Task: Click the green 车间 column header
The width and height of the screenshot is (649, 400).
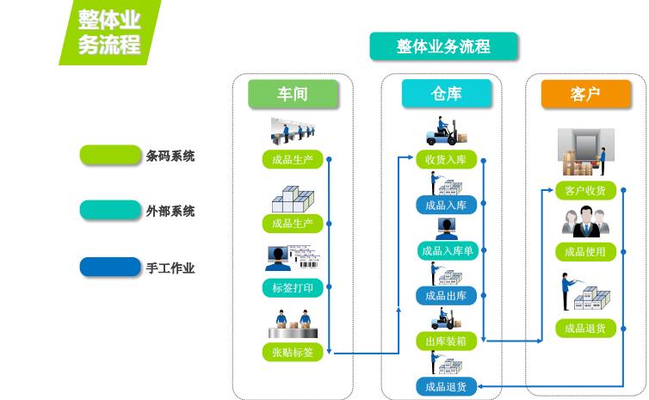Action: coord(294,95)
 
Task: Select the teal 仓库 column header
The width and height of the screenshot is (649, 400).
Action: coord(447,95)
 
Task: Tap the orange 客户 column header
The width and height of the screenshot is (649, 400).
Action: coord(585,95)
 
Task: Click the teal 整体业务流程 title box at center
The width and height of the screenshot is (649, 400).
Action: coord(443,46)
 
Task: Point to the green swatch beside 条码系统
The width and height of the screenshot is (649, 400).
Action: coord(110,156)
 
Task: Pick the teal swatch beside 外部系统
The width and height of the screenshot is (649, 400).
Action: coord(110,210)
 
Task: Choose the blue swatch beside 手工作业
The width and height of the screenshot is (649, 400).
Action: coord(110,268)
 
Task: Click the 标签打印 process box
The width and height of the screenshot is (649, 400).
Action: coord(293,287)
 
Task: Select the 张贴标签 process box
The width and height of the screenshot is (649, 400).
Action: coord(293,352)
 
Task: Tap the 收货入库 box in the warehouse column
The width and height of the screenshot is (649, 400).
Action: coord(446,160)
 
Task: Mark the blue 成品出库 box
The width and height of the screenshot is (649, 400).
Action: coord(446,296)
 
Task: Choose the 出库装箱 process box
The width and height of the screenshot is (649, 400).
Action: coord(446,341)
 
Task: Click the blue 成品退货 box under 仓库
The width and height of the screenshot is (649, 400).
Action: coord(446,386)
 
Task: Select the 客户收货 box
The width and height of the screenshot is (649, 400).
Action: coord(585,190)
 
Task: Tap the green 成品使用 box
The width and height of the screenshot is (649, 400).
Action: coord(585,252)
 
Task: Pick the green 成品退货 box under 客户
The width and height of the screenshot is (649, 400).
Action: coord(585,328)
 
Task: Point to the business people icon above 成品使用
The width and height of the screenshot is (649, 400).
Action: coord(585,223)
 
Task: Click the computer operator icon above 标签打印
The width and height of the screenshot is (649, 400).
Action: coord(282,259)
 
